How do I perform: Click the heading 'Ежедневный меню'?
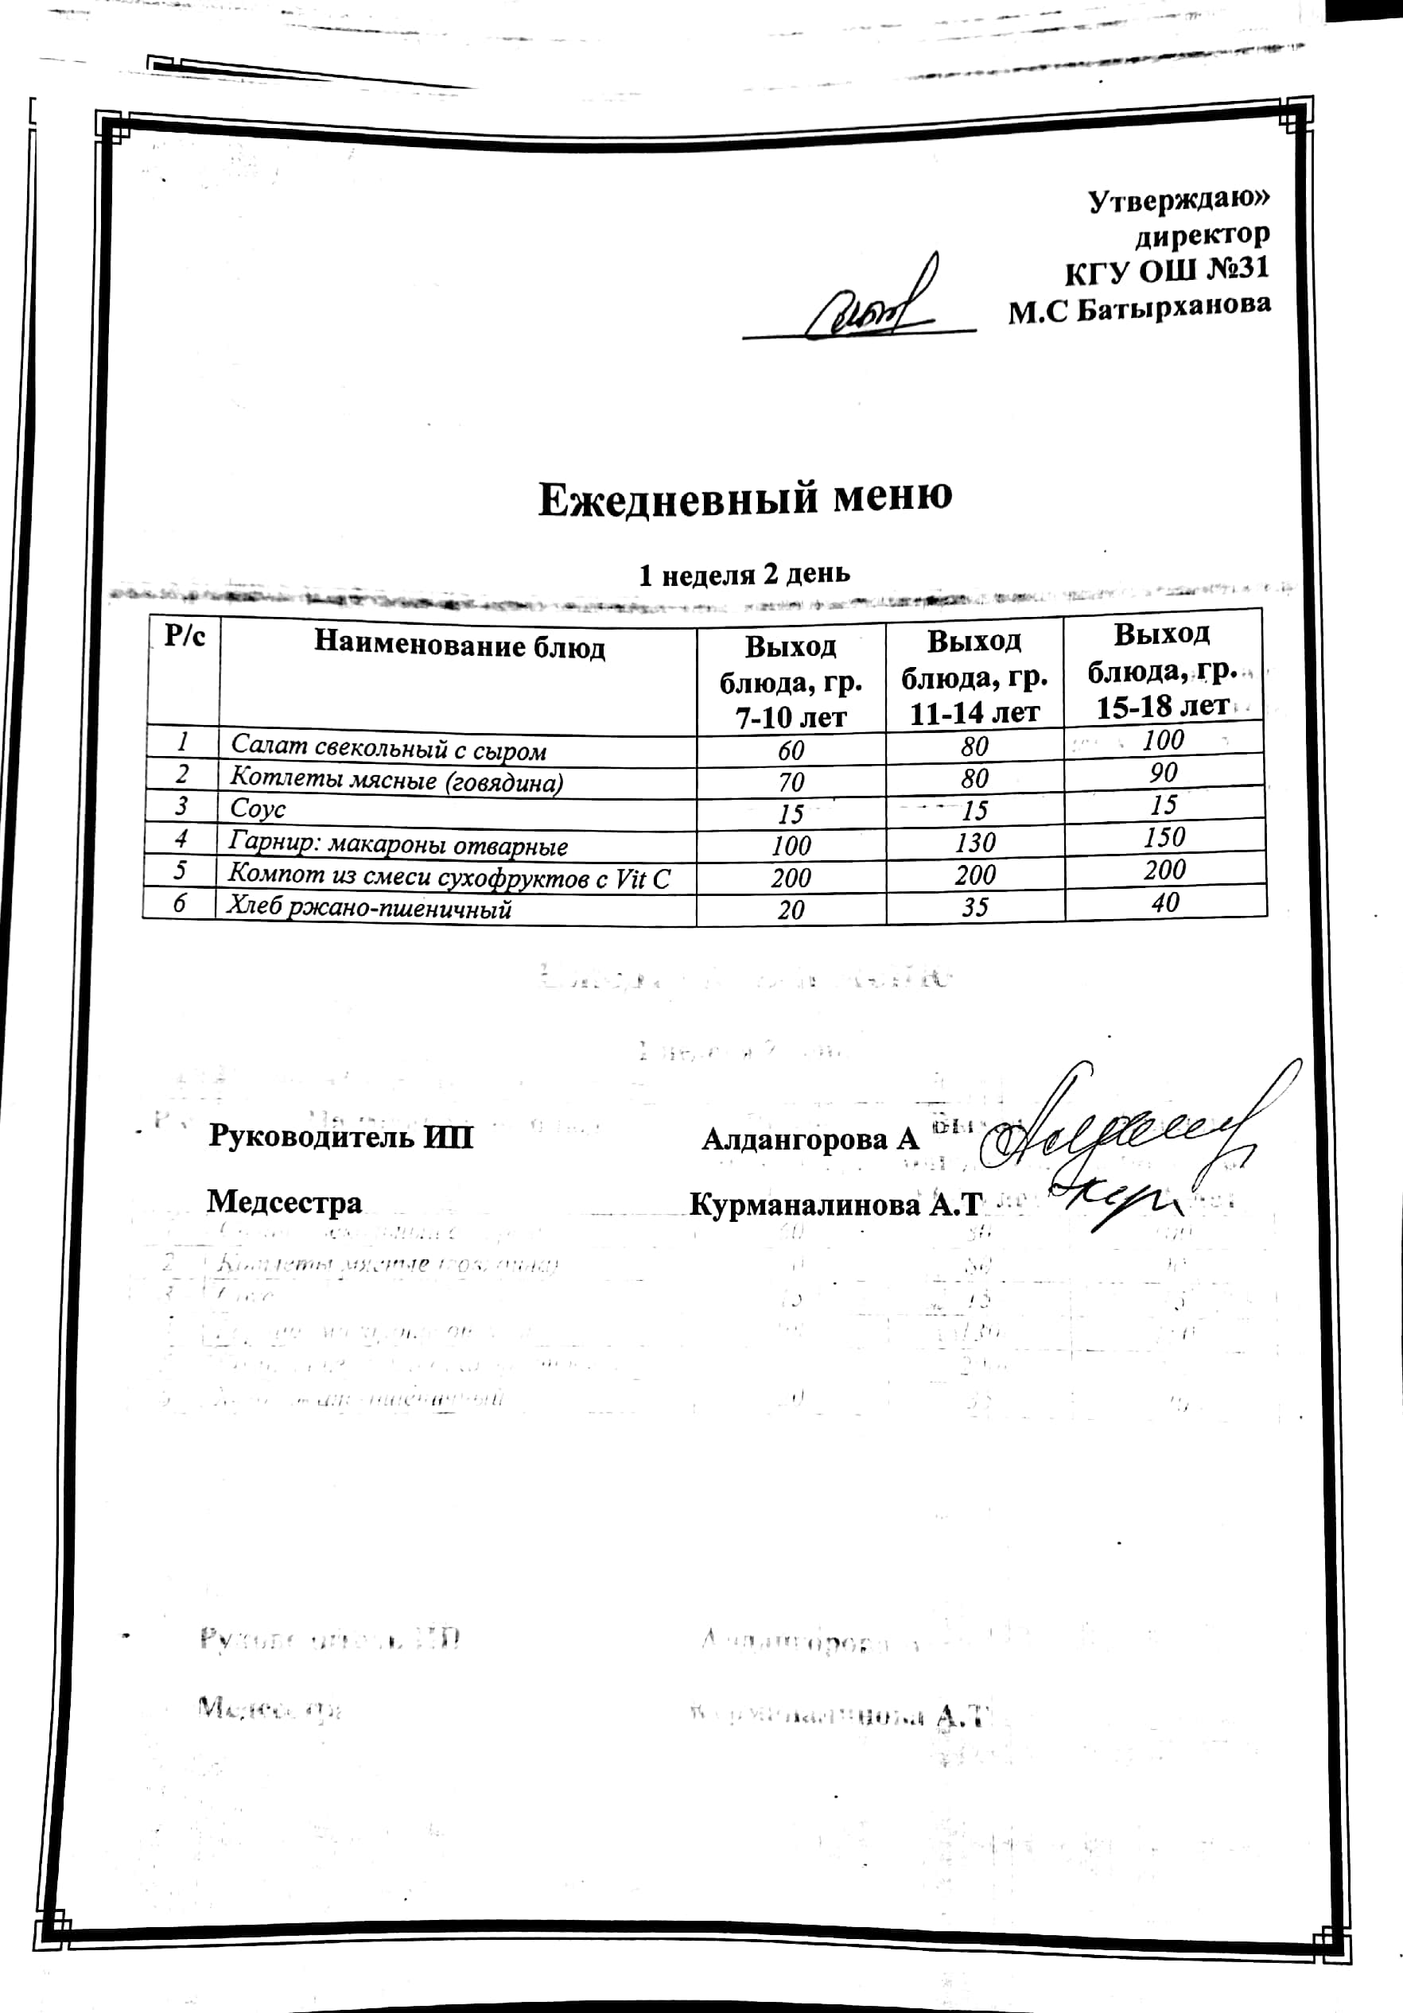(744, 497)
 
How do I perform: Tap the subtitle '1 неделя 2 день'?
(744, 574)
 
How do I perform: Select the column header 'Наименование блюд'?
(460, 646)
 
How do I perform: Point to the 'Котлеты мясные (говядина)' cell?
(396, 780)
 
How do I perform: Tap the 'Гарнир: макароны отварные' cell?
(398, 844)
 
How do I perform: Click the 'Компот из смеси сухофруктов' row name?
(449, 877)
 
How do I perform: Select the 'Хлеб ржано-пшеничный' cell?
(369, 908)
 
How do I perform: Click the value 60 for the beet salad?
(791, 751)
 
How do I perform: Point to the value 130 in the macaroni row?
(975, 843)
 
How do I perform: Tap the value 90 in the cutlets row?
(1164, 774)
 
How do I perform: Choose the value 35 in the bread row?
(975, 906)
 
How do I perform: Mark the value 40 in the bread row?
(1165, 902)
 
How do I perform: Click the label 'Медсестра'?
(284, 1202)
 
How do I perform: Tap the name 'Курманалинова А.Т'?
(834, 1204)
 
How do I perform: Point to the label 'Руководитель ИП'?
(341, 1137)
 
